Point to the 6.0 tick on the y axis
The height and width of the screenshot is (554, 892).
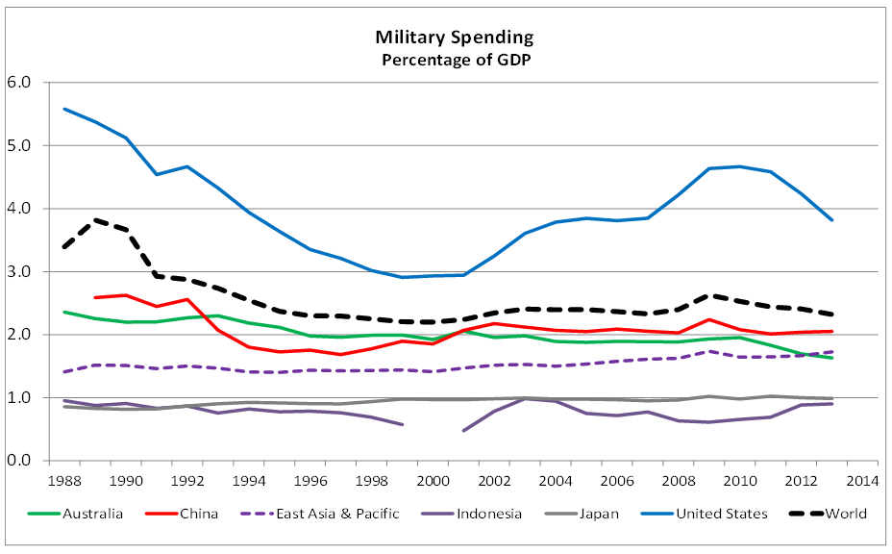point(19,83)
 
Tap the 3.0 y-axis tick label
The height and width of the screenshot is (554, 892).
point(19,272)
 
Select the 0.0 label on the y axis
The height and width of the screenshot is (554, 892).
point(19,461)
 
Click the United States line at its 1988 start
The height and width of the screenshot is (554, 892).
point(63,109)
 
